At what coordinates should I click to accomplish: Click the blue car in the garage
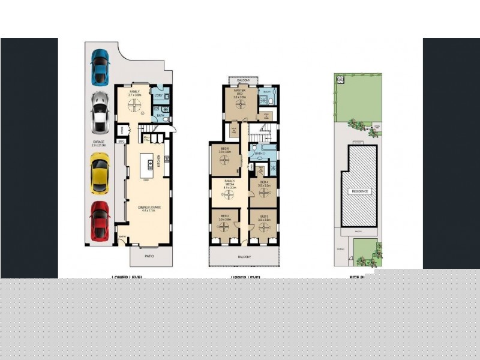[x=100, y=66]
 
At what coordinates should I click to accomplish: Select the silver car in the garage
[x=100, y=113]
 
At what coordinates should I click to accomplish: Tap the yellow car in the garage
[x=100, y=173]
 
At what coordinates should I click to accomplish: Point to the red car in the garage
[x=100, y=220]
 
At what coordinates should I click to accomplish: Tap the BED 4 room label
[x=265, y=184]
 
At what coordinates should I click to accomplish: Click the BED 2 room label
[x=225, y=217]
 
